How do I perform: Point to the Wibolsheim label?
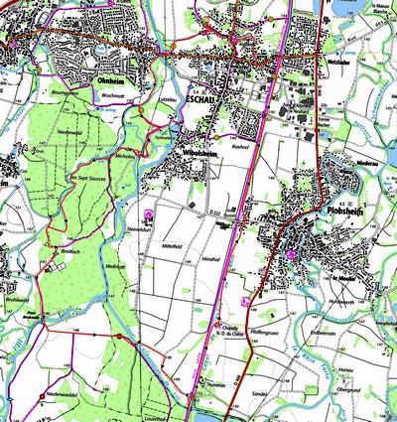tap(202, 154)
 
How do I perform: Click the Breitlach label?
tap(67, 250)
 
